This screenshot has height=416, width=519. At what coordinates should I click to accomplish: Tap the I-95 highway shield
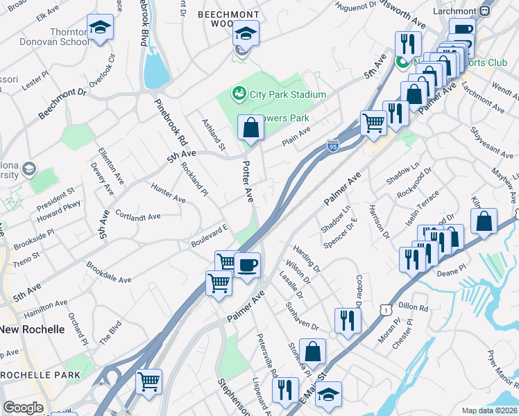point(333,146)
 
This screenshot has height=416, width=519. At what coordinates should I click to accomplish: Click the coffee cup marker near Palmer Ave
point(247,264)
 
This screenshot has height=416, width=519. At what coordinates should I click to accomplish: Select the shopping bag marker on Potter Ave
point(250,128)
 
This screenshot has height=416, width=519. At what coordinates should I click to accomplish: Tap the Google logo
point(23,408)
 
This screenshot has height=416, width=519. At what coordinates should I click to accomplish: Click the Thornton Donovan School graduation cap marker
point(100,28)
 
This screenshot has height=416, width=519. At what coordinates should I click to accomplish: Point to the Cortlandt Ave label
point(138,216)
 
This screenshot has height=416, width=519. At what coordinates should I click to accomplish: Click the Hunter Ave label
point(169,193)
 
